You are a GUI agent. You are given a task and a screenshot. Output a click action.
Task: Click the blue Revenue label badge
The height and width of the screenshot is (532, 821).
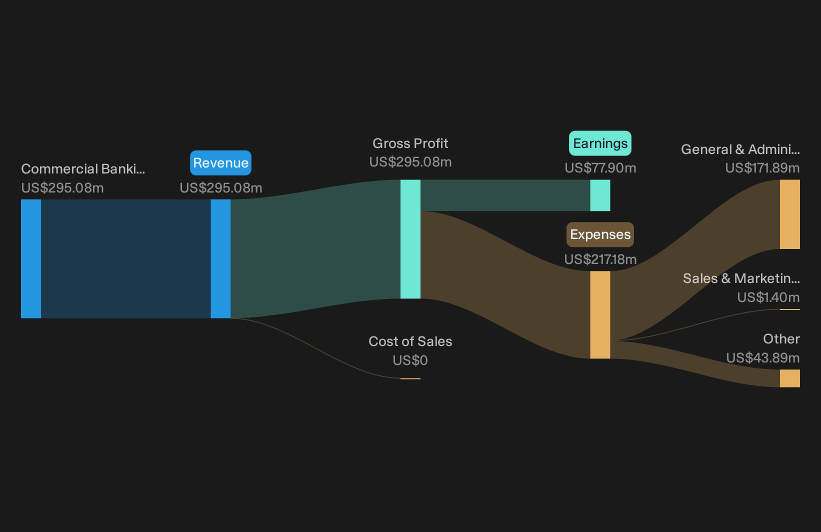point(220,163)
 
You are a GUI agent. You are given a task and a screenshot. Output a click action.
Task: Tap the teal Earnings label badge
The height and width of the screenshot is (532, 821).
point(600,143)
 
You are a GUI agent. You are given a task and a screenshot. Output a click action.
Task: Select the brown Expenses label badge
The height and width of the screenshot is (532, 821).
point(600,234)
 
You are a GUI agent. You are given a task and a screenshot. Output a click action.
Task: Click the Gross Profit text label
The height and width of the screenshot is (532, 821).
point(410,143)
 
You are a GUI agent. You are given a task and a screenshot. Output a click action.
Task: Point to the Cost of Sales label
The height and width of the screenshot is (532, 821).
point(410,341)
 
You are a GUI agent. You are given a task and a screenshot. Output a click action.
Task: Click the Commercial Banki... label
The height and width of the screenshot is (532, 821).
point(83,169)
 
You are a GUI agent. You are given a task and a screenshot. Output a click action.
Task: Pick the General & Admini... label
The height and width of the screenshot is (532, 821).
point(740,149)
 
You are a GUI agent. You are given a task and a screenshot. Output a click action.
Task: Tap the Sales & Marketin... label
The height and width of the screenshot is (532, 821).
point(741,278)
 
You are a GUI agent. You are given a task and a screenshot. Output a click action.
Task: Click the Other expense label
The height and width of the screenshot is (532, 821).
point(781,339)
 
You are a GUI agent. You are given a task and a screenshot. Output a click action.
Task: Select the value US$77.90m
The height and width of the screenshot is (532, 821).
point(600,168)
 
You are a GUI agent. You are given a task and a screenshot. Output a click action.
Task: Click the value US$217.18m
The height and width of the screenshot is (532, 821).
point(600,259)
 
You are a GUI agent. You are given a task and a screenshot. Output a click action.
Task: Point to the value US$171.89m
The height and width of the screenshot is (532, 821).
point(762,168)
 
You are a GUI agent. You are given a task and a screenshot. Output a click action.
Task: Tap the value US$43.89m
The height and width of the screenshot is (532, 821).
point(763,358)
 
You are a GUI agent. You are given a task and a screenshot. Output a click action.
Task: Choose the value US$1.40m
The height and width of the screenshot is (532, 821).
point(768,297)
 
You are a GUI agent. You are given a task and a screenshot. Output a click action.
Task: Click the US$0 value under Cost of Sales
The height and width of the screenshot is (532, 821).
point(410,360)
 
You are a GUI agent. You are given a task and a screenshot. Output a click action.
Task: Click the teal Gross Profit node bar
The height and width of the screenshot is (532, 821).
point(410,239)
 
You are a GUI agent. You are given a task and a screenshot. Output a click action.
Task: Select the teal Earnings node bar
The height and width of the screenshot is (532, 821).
point(600,195)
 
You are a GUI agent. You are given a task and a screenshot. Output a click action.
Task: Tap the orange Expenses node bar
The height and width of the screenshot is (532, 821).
point(600,315)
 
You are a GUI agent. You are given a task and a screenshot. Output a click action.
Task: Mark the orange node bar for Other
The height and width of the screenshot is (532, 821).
point(790,378)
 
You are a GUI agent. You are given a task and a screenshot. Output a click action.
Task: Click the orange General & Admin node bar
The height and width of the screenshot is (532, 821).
point(790,214)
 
